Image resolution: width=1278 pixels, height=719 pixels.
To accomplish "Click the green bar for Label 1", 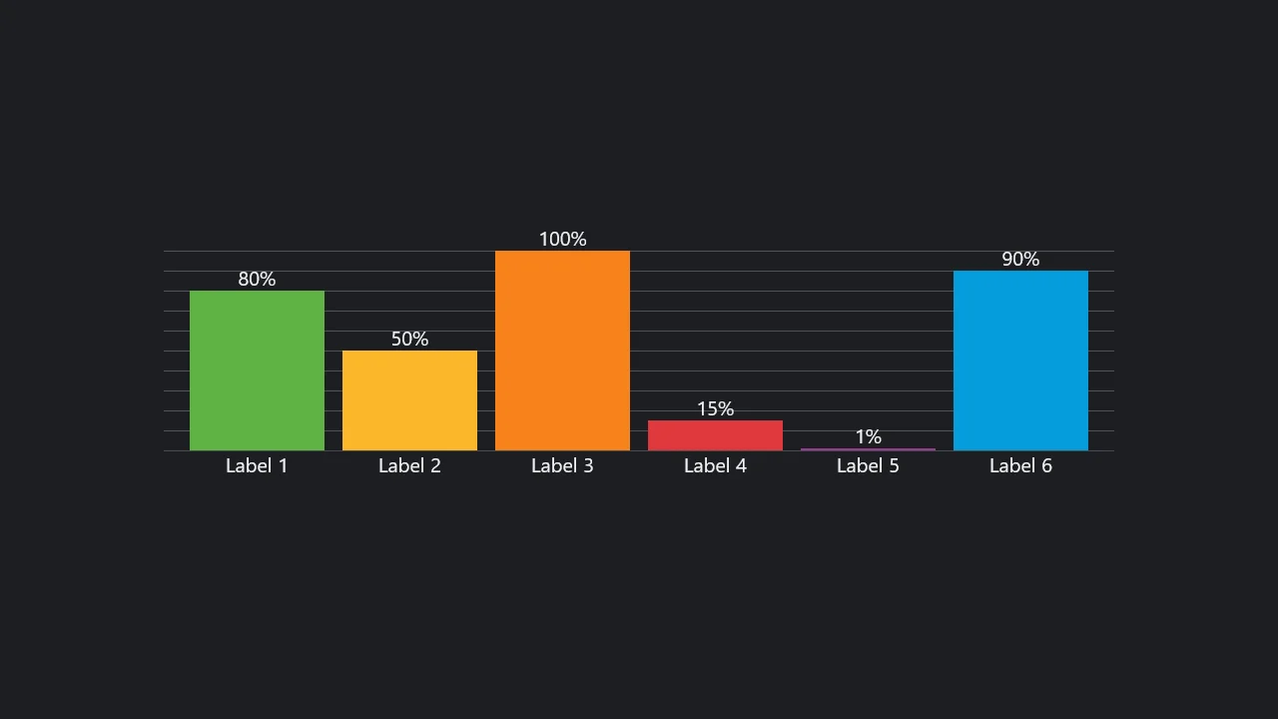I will (257, 370).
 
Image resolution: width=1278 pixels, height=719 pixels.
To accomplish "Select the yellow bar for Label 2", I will (409, 400).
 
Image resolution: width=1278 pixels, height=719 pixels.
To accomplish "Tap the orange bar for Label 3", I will (562, 351).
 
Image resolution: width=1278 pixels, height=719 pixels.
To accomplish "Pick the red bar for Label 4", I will (715, 435).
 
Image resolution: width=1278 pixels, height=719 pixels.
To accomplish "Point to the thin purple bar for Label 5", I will (868, 449).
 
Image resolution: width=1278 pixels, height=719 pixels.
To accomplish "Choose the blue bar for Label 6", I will (1020, 360).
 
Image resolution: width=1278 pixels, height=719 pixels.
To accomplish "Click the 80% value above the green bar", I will (257, 280).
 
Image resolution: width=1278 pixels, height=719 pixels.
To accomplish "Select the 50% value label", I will (409, 340).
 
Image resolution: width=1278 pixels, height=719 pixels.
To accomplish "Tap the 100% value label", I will (562, 240).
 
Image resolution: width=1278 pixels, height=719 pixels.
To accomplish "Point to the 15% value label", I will (715, 409).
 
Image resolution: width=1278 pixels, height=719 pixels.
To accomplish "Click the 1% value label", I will (868, 437).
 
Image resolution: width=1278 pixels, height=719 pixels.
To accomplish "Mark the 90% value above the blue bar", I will (1020, 260).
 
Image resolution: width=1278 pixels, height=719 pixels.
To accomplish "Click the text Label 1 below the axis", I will (257, 465).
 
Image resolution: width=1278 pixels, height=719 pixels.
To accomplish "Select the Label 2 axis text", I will (409, 465).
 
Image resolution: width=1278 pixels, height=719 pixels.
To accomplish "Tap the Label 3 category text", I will (562, 465).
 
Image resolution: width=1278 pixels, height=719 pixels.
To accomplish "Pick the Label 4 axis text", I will (715, 465).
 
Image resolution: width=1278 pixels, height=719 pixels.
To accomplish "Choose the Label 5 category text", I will (868, 465).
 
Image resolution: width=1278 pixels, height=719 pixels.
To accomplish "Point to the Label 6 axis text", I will (1020, 465).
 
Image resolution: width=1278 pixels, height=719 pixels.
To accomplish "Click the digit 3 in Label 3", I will (588, 465).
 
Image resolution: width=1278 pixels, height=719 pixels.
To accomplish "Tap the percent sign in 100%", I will (578, 240).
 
